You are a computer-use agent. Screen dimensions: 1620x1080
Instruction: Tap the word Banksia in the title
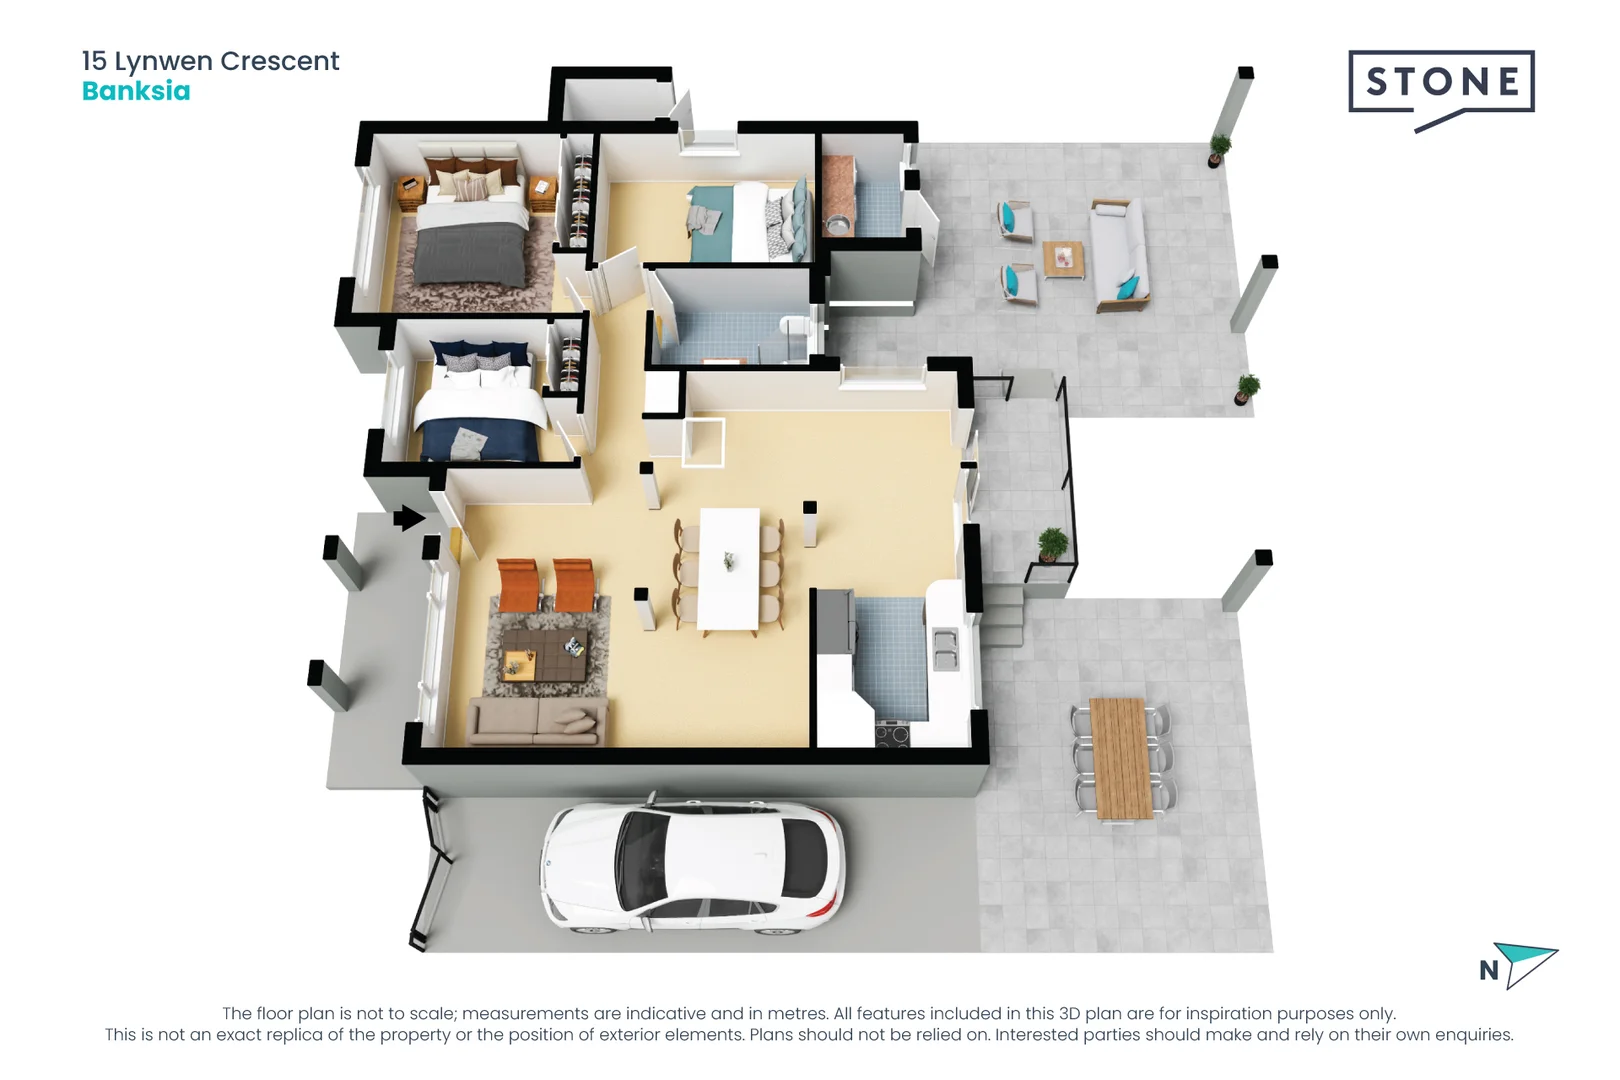click(136, 91)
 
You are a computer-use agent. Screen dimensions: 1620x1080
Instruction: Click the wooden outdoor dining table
click(1120, 758)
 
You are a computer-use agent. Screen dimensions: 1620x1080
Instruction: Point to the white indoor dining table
click(730, 569)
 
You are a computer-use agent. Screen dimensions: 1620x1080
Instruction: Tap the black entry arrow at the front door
click(409, 518)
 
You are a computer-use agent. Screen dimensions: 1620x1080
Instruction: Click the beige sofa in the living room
click(537, 720)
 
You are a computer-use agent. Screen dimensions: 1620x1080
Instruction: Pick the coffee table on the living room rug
click(544, 655)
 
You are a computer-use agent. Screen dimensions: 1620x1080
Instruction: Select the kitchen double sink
click(945, 650)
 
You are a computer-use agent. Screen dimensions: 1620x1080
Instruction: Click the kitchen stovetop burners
click(892, 734)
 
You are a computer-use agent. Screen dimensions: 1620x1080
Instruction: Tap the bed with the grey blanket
click(470, 229)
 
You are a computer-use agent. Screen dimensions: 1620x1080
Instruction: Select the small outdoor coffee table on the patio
click(1063, 260)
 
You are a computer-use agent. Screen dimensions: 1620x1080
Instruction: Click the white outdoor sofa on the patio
click(1120, 255)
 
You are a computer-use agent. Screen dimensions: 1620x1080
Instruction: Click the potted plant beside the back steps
click(1052, 545)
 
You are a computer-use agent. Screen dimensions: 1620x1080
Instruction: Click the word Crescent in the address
click(280, 61)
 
